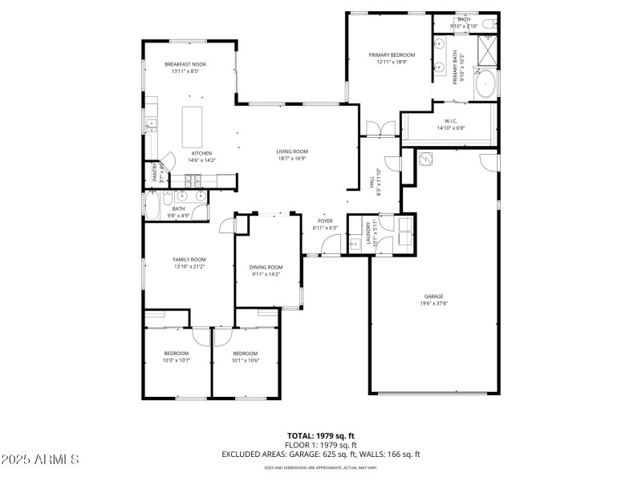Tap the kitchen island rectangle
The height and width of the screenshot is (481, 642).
192,125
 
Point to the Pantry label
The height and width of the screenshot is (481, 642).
155,173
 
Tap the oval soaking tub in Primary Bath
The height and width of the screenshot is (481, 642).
486,84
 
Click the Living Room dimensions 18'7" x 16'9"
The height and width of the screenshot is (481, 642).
293,159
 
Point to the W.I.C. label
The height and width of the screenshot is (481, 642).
450,121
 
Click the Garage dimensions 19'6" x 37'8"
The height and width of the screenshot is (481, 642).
433,303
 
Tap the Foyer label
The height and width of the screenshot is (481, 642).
325,220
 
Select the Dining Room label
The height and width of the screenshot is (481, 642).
266,267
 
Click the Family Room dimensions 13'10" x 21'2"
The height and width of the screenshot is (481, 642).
189,267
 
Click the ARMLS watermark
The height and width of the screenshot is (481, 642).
40,459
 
